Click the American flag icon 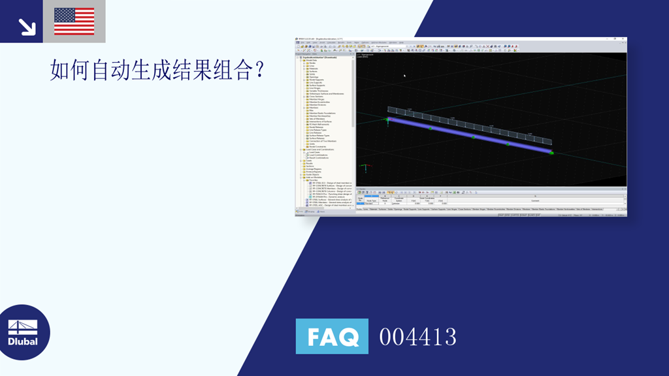click(74, 21)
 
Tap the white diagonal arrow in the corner click(27, 26)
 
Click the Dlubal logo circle click(24, 332)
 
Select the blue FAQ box click(332, 336)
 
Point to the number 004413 click(417, 337)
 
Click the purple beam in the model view click(470, 135)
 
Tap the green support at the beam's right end click(552, 153)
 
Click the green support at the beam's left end click(387, 120)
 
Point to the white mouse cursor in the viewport click(404, 76)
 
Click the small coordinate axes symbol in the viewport click(366, 167)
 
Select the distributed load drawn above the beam click(470, 125)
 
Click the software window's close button click(624, 39)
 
